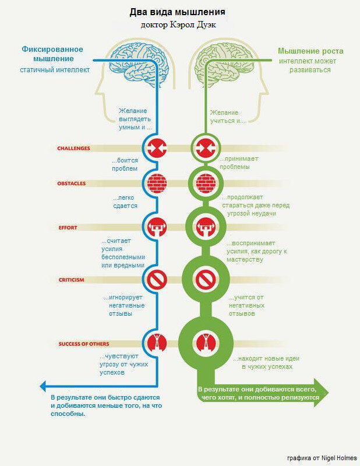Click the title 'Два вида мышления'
[176, 12]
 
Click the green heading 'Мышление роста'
[309, 51]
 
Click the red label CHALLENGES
[73, 149]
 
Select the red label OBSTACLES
[71, 183]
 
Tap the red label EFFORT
[68, 227]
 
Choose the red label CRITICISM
[71, 280]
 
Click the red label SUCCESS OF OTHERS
[83, 344]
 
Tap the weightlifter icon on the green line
[205, 227]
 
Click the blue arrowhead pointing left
[44, 385]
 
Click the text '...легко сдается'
[125, 202]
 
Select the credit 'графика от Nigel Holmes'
[322, 458]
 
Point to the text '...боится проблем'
[125, 164]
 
